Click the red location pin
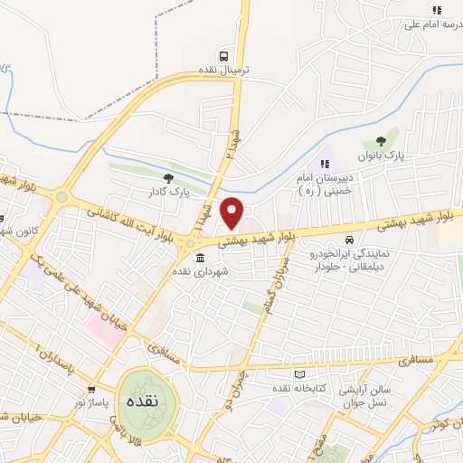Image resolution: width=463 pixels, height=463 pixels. (x=232, y=213)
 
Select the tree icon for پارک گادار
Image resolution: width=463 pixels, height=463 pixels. (x=167, y=178)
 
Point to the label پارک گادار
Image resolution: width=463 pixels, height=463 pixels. (x=167, y=193)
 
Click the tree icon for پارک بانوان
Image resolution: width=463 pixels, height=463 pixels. (x=381, y=141)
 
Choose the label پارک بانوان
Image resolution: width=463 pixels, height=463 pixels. (x=381, y=156)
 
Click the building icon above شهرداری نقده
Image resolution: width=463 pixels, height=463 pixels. (x=200, y=258)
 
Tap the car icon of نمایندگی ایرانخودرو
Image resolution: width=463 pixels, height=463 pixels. (x=349, y=241)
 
